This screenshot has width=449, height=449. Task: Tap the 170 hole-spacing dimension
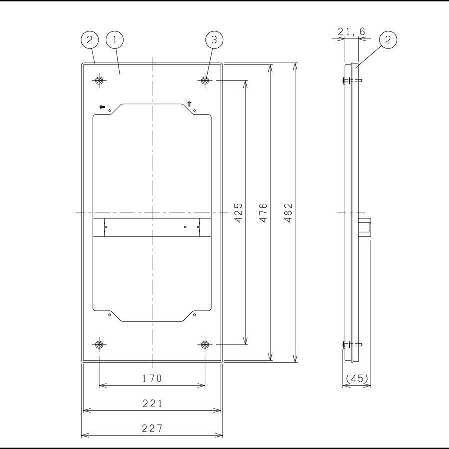tap(152, 379)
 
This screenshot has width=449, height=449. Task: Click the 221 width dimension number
tap(152, 404)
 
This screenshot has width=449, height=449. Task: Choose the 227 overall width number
tap(152, 428)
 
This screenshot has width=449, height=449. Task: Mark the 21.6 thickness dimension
tap(351, 32)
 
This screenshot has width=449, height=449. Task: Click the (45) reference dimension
tap(356, 379)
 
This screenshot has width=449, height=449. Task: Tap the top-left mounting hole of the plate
tap(99, 81)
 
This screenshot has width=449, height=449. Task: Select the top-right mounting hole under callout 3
tap(205, 81)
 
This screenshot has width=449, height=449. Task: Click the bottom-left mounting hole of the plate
tap(99, 345)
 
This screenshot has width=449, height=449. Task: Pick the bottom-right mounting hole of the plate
tap(205, 345)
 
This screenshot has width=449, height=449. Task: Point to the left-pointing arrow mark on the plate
tap(102, 107)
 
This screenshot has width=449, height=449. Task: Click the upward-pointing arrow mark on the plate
tap(189, 104)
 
